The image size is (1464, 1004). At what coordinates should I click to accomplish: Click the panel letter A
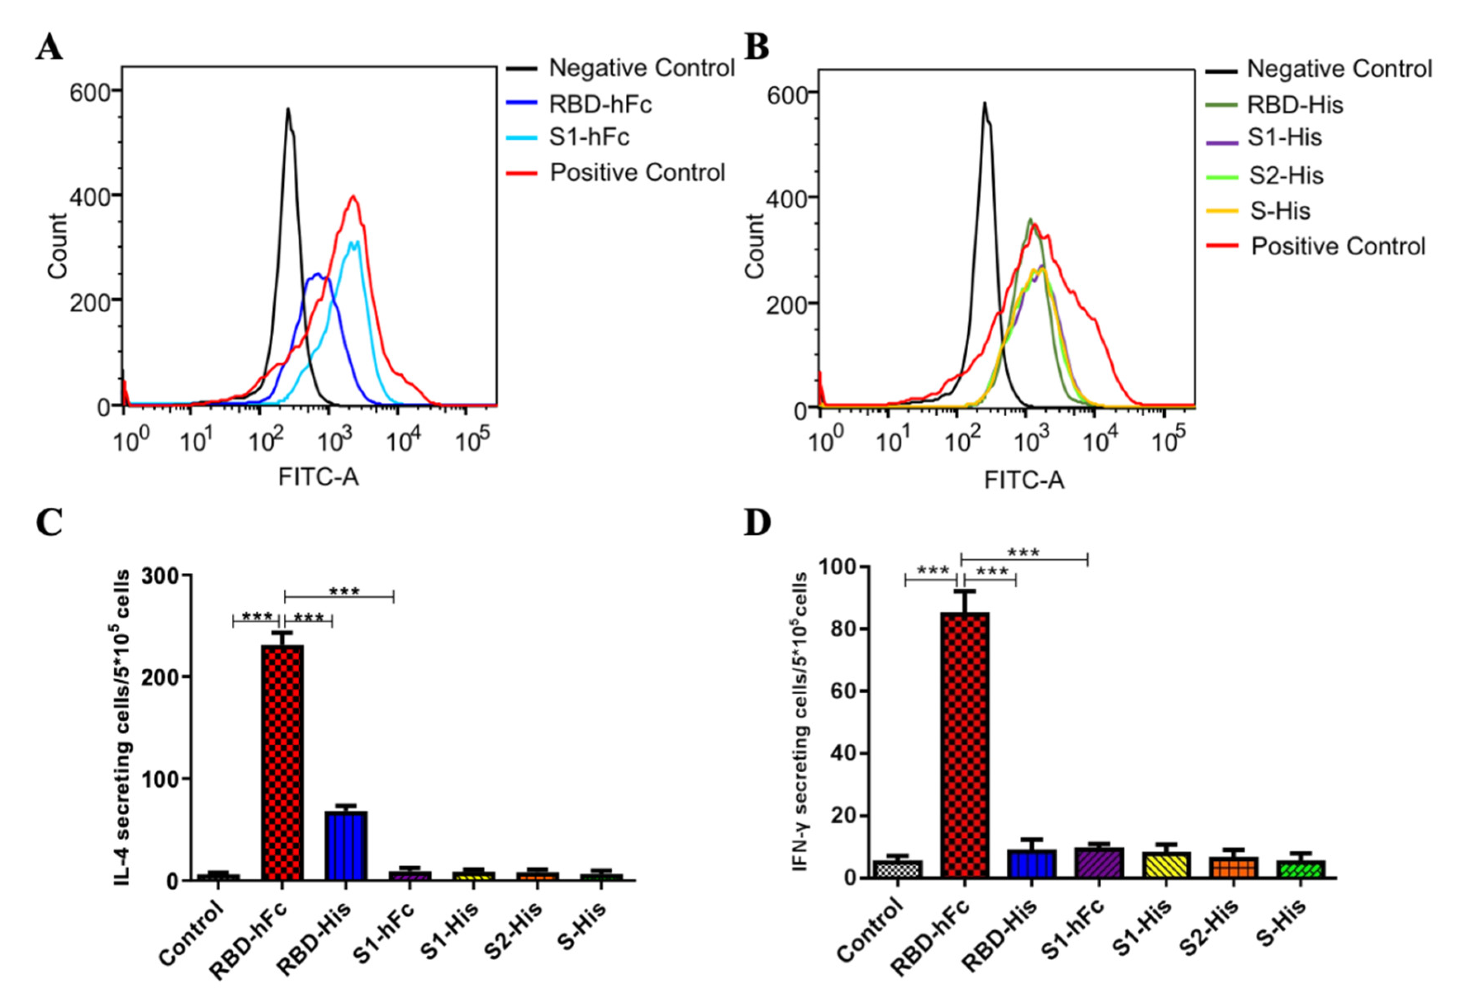pyautogui.click(x=49, y=47)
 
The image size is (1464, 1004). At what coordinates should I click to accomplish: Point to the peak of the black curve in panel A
pyautogui.click(x=288, y=110)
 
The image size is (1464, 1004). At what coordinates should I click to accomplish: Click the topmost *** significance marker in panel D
pyautogui.click(x=1023, y=553)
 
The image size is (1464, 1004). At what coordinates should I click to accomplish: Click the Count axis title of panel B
pyautogui.click(x=754, y=246)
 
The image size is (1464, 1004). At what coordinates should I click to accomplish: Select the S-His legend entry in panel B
pyautogui.click(x=1279, y=211)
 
